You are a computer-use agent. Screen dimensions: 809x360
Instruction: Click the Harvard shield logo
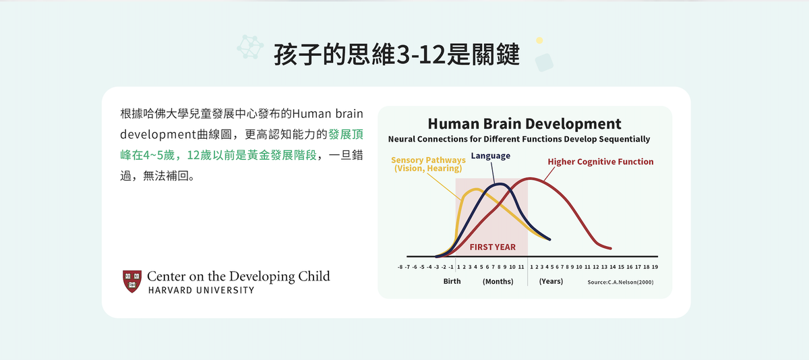click(x=132, y=281)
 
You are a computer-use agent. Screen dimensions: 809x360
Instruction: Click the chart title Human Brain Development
click(x=525, y=124)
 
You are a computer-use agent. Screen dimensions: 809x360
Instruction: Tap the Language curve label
click(x=491, y=156)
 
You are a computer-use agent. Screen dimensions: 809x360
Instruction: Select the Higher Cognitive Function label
click(x=601, y=162)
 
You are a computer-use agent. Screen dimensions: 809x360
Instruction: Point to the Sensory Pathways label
click(x=428, y=164)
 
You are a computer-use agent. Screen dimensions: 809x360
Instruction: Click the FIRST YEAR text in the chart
click(x=493, y=247)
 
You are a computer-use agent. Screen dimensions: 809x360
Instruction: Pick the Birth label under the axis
click(x=452, y=281)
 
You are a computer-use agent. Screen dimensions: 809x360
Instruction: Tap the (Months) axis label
click(x=498, y=281)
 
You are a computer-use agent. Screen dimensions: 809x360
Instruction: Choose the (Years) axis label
click(x=551, y=281)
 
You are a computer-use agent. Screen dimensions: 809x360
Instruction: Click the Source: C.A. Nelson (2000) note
click(x=620, y=282)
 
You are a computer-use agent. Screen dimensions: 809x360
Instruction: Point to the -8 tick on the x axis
click(x=400, y=267)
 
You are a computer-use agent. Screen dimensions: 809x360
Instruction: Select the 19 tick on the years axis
click(x=655, y=267)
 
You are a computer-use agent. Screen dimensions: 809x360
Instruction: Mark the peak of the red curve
click(x=530, y=178)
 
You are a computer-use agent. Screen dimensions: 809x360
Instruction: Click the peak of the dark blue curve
click(x=500, y=184)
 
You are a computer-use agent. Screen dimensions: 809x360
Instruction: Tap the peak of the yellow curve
click(x=476, y=189)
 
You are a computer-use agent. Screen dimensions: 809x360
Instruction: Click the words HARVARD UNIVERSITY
click(x=201, y=291)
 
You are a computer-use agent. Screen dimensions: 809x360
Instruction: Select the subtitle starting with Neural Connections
click(x=519, y=139)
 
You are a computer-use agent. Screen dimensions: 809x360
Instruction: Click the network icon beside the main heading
click(x=250, y=47)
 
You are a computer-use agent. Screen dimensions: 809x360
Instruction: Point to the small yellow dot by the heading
click(x=539, y=40)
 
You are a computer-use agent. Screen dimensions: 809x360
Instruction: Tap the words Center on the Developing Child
click(x=239, y=276)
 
